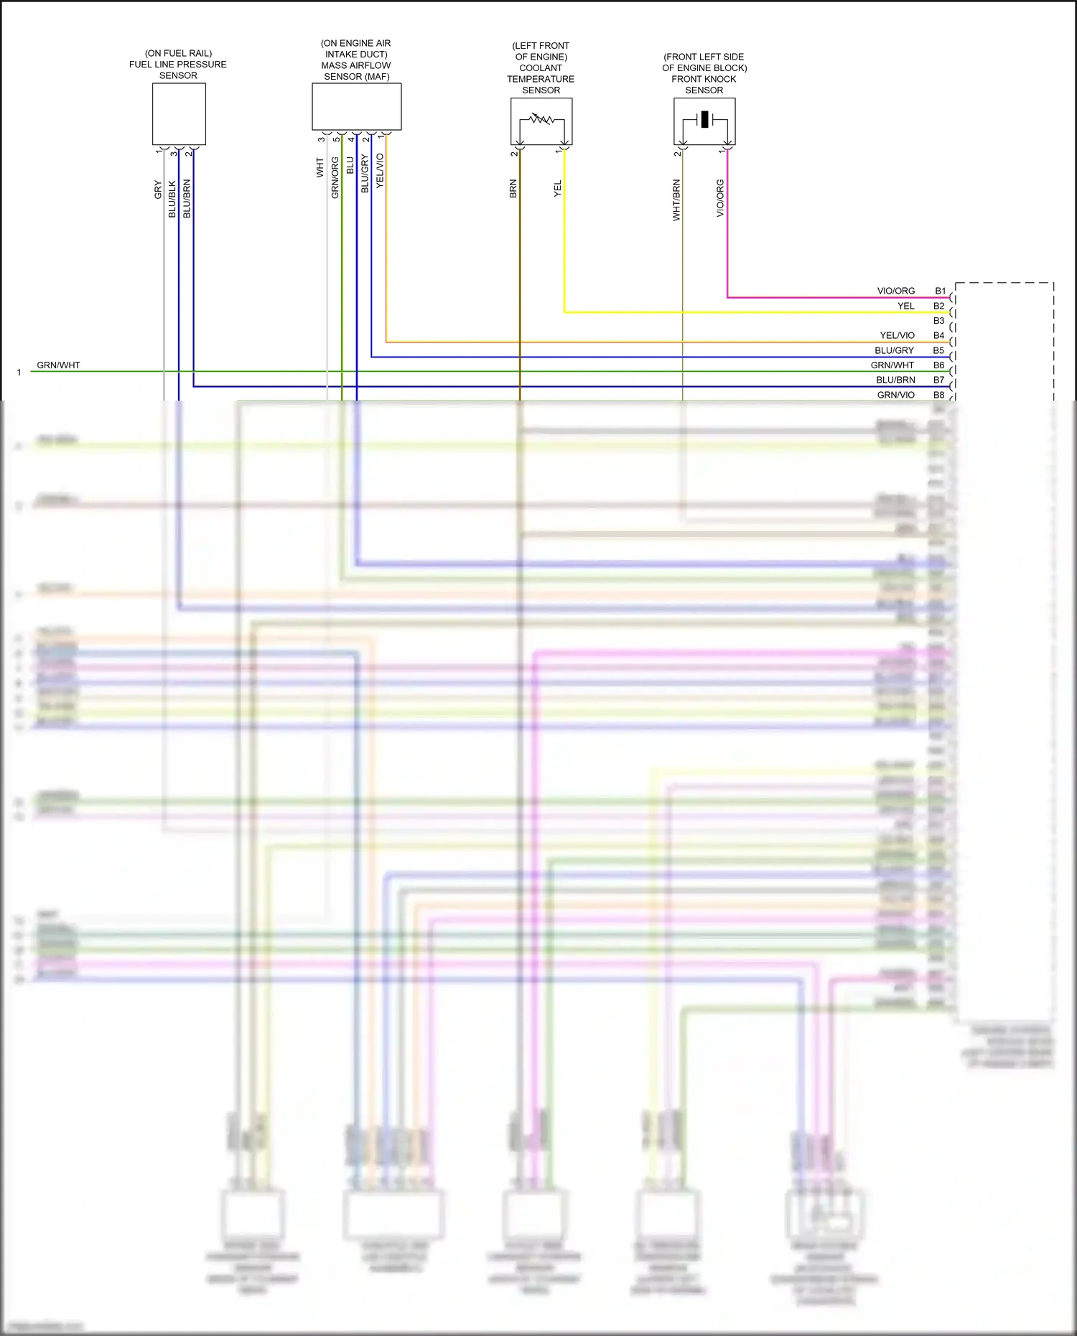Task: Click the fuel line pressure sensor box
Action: click(179, 113)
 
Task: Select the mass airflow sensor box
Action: click(356, 106)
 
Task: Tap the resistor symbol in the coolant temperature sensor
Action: click(541, 118)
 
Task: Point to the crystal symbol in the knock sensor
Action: click(704, 119)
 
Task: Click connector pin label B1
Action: click(940, 291)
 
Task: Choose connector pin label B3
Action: click(938, 321)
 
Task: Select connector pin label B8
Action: click(938, 395)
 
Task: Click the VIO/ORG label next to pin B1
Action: click(895, 291)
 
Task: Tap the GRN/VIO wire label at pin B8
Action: click(895, 395)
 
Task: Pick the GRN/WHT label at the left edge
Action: click(58, 365)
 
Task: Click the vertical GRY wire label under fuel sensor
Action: click(158, 190)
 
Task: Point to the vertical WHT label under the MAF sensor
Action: click(320, 168)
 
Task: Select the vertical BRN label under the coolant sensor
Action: click(513, 189)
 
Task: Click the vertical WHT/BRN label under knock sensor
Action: click(676, 200)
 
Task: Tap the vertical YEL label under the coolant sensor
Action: click(558, 189)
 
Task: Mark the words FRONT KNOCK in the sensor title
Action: click(704, 79)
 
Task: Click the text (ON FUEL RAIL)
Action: click(178, 53)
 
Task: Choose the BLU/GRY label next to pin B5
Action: click(894, 350)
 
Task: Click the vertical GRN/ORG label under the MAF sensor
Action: click(335, 177)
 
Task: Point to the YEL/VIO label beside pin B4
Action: click(897, 335)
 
